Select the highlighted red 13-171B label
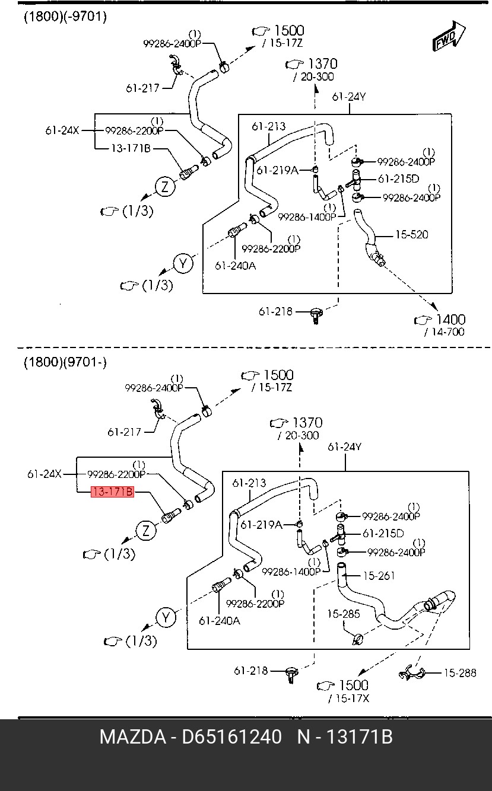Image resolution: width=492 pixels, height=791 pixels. (x=112, y=492)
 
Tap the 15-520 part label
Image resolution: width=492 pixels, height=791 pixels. (x=411, y=235)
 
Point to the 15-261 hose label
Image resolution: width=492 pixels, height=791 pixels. (x=379, y=576)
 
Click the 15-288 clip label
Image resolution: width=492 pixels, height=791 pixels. (x=460, y=672)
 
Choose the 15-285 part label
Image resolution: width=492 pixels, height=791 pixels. (x=343, y=614)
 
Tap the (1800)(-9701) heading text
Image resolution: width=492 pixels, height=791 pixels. (x=65, y=17)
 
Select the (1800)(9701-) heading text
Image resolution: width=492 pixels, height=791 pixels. (x=65, y=362)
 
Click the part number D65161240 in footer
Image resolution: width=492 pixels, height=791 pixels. (x=231, y=737)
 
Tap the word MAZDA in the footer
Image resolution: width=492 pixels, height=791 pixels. (x=132, y=737)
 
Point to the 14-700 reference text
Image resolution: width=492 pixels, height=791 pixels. (x=445, y=332)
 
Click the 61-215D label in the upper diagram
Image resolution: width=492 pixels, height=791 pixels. (x=398, y=178)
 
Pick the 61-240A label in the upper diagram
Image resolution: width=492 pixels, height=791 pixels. (x=235, y=266)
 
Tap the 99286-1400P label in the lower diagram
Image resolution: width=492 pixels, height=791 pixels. (x=291, y=572)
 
